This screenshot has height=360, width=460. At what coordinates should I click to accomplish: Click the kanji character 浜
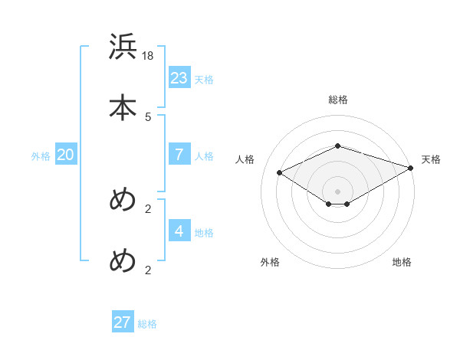click(x=123, y=47)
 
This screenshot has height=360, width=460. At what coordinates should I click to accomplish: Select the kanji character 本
click(x=123, y=107)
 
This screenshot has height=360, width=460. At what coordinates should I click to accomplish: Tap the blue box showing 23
click(x=179, y=77)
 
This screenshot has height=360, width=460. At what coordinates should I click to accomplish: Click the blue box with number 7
click(x=179, y=154)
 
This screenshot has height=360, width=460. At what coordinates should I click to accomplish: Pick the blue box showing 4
click(x=179, y=231)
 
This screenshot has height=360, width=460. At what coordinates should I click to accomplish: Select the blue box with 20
click(x=66, y=155)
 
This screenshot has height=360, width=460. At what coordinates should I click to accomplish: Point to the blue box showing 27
click(x=123, y=322)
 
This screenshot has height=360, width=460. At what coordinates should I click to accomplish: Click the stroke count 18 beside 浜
click(x=149, y=56)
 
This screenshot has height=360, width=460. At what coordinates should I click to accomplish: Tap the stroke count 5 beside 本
click(x=148, y=117)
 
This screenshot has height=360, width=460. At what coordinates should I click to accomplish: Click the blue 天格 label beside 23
click(x=204, y=80)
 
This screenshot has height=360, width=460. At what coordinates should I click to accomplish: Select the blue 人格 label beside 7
click(x=204, y=156)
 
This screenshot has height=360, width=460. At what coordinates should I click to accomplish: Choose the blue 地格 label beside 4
click(x=204, y=233)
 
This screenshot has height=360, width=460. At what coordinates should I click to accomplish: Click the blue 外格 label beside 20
click(x=41, y=156)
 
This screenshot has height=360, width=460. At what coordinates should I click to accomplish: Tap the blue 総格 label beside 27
click(x=147, y=325)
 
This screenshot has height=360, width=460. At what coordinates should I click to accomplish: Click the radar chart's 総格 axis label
click(x=338, y=100)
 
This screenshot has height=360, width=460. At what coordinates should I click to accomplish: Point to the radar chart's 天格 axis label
click(x=431, y=159)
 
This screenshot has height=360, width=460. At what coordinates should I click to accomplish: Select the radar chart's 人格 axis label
click(x=245, y=159)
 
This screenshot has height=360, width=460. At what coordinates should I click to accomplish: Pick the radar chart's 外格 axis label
click(x=270, y=262)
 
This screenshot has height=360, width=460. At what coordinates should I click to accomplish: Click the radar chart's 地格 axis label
click(x=402, y=262)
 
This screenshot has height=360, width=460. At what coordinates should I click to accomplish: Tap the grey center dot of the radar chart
click(x=338, y=191)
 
